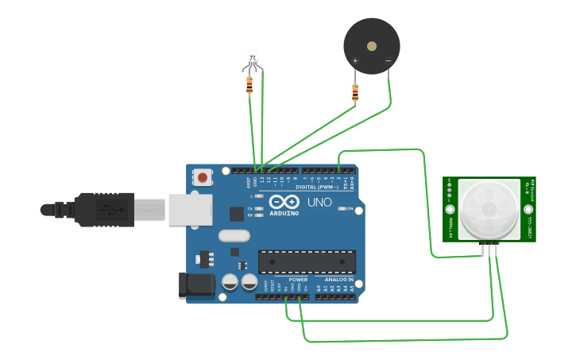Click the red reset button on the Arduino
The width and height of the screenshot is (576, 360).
203,177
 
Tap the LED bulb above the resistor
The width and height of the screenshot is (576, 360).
253,58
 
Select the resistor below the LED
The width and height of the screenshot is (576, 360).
249,84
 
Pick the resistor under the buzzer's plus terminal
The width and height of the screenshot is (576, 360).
355,94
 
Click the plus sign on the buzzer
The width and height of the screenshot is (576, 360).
355,61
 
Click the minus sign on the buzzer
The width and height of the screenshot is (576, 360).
388,61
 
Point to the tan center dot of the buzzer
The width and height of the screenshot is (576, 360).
372,46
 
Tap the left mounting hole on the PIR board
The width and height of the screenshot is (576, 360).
450,210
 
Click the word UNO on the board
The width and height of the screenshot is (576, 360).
319,203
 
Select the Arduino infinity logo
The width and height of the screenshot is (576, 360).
283,202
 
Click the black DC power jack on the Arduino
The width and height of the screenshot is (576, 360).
196,285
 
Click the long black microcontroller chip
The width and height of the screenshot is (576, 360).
307,261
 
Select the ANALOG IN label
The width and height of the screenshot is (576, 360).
339,280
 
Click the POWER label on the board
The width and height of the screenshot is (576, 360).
298,280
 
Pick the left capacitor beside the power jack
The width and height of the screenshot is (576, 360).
230,281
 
